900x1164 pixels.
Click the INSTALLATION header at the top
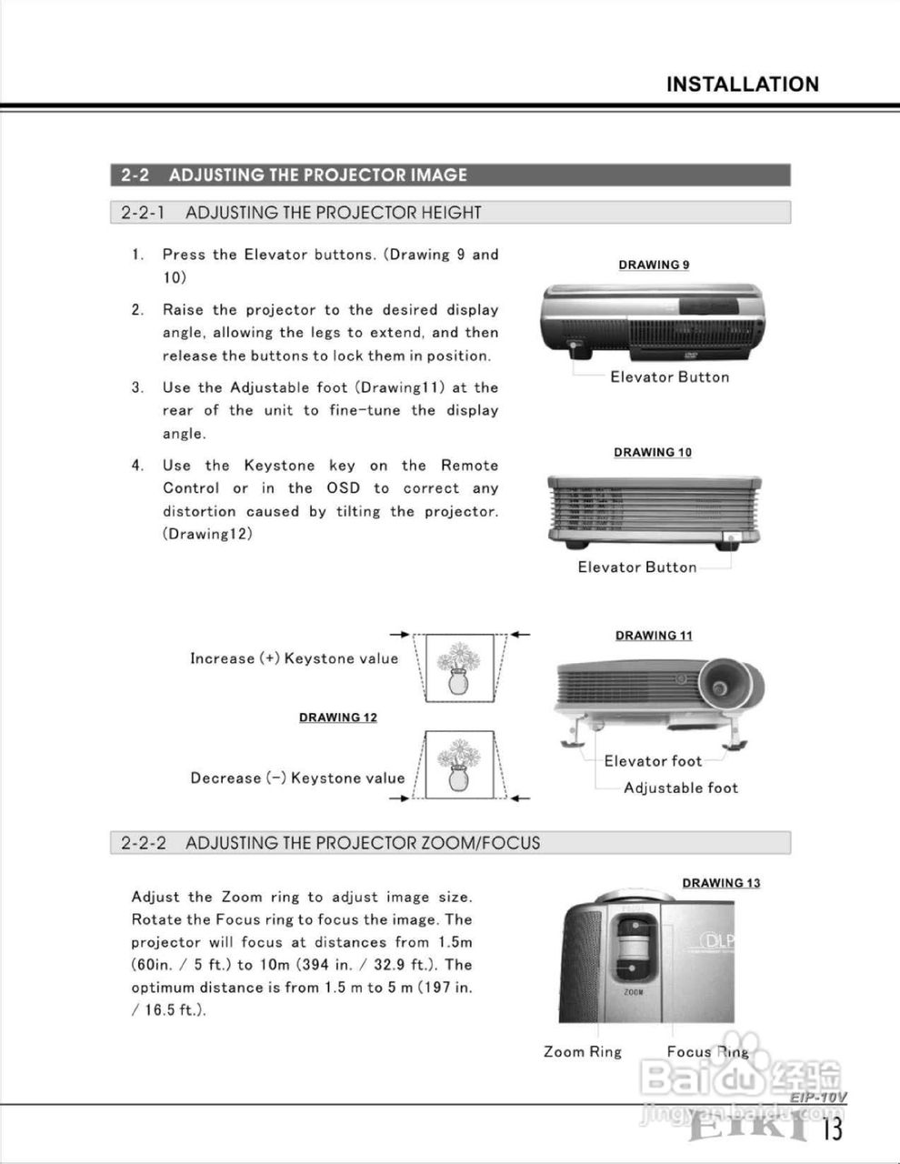[x=742, y=85]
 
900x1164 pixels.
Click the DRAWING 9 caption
[x=654, y=265]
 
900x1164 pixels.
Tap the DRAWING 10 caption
[x=653, y=452]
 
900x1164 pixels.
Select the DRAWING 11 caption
[x=653, y=636]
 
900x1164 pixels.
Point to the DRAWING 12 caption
[x=338, y=717]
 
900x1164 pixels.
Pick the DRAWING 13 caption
[x=721, y=882]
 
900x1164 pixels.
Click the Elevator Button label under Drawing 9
[x=669, y=377]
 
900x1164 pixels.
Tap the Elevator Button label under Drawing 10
[x=637, y=567]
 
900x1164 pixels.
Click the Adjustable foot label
[x=681, y=788]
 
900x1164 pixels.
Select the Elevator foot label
[x=653, y=761]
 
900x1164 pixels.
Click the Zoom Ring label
[x=583, y=1052]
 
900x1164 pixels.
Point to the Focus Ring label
[x=707, y=1052]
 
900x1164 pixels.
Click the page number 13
[x=832, y=1129]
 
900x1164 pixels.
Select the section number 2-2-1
[x=143, y=213]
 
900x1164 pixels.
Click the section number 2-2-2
[x=144, y=843]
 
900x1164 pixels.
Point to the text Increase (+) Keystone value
[x=294, y=658]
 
